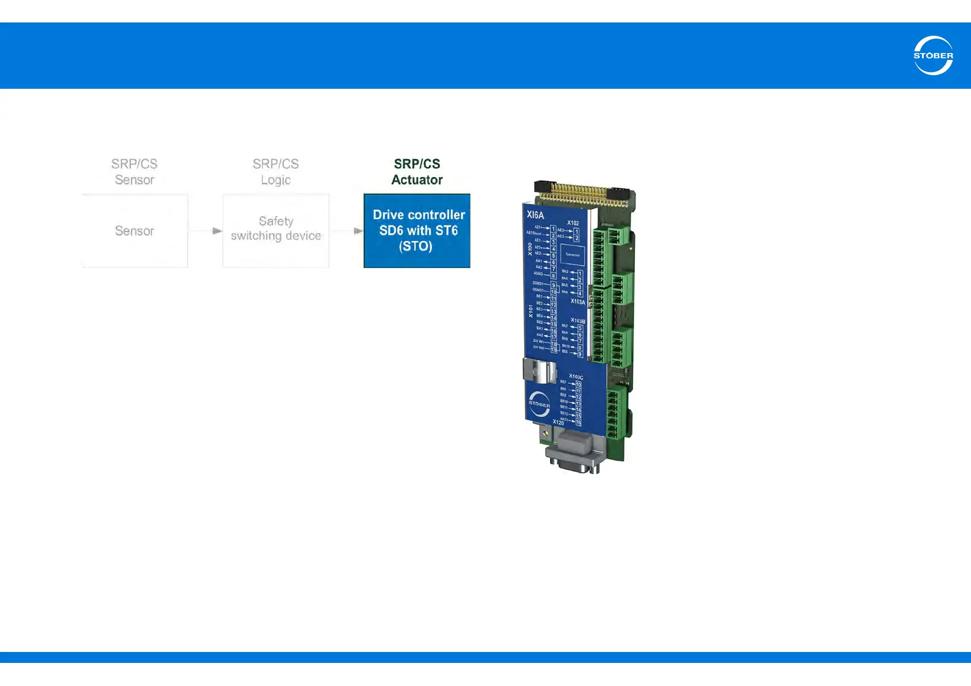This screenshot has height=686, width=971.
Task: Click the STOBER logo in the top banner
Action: click(933, 55)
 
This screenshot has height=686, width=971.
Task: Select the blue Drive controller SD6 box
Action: click(417, 231)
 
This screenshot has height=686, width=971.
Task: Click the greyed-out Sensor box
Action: click(134, 231)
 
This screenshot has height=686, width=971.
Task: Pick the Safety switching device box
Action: click(276, 231)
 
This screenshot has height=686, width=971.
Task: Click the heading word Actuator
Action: click(417, 180)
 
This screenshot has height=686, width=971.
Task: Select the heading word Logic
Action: click(276, 180)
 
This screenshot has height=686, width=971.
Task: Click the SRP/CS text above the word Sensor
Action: click(134, 164)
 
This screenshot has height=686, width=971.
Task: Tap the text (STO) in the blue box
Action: click(416, 246)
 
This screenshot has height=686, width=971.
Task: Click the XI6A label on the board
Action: click(535, 215)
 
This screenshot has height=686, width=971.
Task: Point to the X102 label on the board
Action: click(573, 223)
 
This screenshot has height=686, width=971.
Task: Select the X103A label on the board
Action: click(578, 301)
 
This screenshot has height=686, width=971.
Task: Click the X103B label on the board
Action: click(578, 321)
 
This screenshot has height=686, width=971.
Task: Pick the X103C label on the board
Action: click(576, 377)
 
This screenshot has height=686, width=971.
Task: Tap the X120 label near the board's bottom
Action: click(558, 423)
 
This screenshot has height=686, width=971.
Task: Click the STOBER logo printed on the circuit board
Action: click(539, 404)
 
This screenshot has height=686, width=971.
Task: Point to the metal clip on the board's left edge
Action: click(540, 371)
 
